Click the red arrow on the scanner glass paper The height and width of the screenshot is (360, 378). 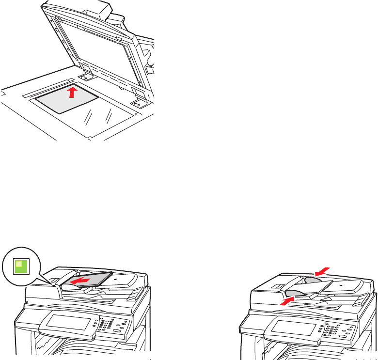[72, 92]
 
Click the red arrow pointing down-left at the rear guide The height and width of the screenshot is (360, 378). [323, 269]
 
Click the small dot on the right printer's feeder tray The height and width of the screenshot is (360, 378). [341, 286]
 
